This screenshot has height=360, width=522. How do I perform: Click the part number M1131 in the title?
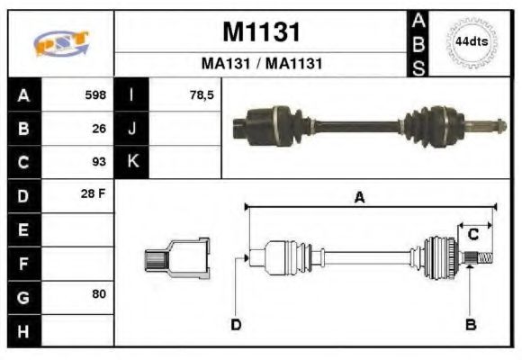(260, 32)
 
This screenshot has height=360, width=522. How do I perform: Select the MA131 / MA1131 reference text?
(260, 65)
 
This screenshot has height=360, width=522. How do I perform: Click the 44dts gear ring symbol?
(471, 42)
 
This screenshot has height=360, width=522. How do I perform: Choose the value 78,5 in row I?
(201, 94)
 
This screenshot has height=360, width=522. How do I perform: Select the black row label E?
(24, 230)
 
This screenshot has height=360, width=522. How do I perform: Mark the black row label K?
(132, 163)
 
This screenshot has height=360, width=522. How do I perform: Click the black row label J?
(132, 129)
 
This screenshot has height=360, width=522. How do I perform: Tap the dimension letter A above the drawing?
(359, 198)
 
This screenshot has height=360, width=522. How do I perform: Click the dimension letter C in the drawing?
(472, 235)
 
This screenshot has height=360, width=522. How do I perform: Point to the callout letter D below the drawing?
(236, 324)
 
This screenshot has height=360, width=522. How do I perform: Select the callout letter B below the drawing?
(470, 324)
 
